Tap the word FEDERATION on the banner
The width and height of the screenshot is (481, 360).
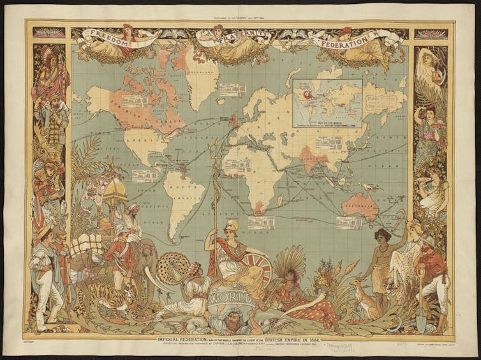[348, 38]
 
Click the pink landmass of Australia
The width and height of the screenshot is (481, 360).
[361, 205]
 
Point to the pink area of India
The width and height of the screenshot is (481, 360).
[309, 156]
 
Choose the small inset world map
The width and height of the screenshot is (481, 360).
[327, 102]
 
